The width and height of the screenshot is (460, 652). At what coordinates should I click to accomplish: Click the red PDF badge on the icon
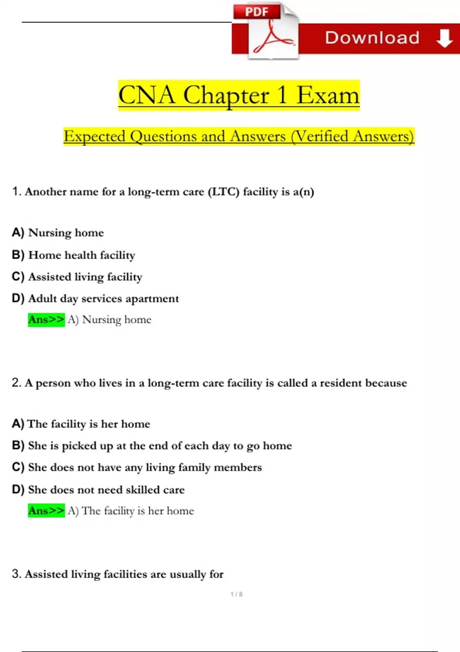257,12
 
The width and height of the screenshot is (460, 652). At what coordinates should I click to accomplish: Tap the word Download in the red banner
372,38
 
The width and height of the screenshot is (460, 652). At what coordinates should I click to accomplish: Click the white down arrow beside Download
444,38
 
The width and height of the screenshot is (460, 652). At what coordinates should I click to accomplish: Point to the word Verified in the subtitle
320,137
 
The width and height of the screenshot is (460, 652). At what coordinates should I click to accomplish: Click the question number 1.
16,191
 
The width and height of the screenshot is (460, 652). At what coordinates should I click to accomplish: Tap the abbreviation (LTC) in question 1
223,191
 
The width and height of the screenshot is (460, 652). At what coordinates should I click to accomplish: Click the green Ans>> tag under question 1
46,320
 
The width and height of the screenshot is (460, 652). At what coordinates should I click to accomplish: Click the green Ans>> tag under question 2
46,511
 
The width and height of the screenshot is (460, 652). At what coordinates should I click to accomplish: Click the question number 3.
16,574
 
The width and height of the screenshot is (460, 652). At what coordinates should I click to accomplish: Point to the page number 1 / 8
237,594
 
